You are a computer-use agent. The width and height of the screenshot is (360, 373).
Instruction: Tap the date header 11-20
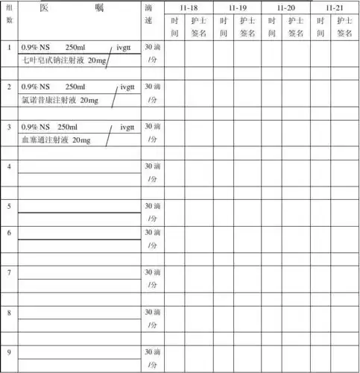pyautogui.click(x=285, y=7)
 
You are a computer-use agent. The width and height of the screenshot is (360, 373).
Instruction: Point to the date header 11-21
pyautogui.click(x=334, y=7)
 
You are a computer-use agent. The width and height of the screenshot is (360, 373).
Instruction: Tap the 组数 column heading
pyautogui.click(x=9, y=13)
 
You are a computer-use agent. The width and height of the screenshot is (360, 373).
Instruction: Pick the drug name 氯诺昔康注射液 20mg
pyautogui.click(x=60, y=99)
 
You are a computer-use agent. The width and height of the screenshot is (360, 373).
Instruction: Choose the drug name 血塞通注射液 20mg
pyautogui.click(x=56, y=140)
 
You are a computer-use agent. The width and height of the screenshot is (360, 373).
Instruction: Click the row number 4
pyautogui.click(x=9, y=167)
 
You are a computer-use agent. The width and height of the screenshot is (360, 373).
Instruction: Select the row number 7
pyautogui.click(x=9, y=272)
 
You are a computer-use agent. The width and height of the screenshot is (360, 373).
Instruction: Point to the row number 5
pyautogui.click(x=9, y=206)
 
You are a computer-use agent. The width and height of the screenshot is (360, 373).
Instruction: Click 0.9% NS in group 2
pyautogui.click(x=34, y=87)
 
